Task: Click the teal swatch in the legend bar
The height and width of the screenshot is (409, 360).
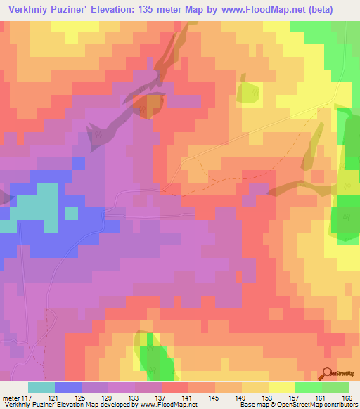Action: [x=41, y=387]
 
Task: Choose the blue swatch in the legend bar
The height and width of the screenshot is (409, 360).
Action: [x=68, y=387]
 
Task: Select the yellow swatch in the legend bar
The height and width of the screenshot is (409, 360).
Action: [x=282, y=387]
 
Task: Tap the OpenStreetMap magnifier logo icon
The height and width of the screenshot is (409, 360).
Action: [x=328, y=373]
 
